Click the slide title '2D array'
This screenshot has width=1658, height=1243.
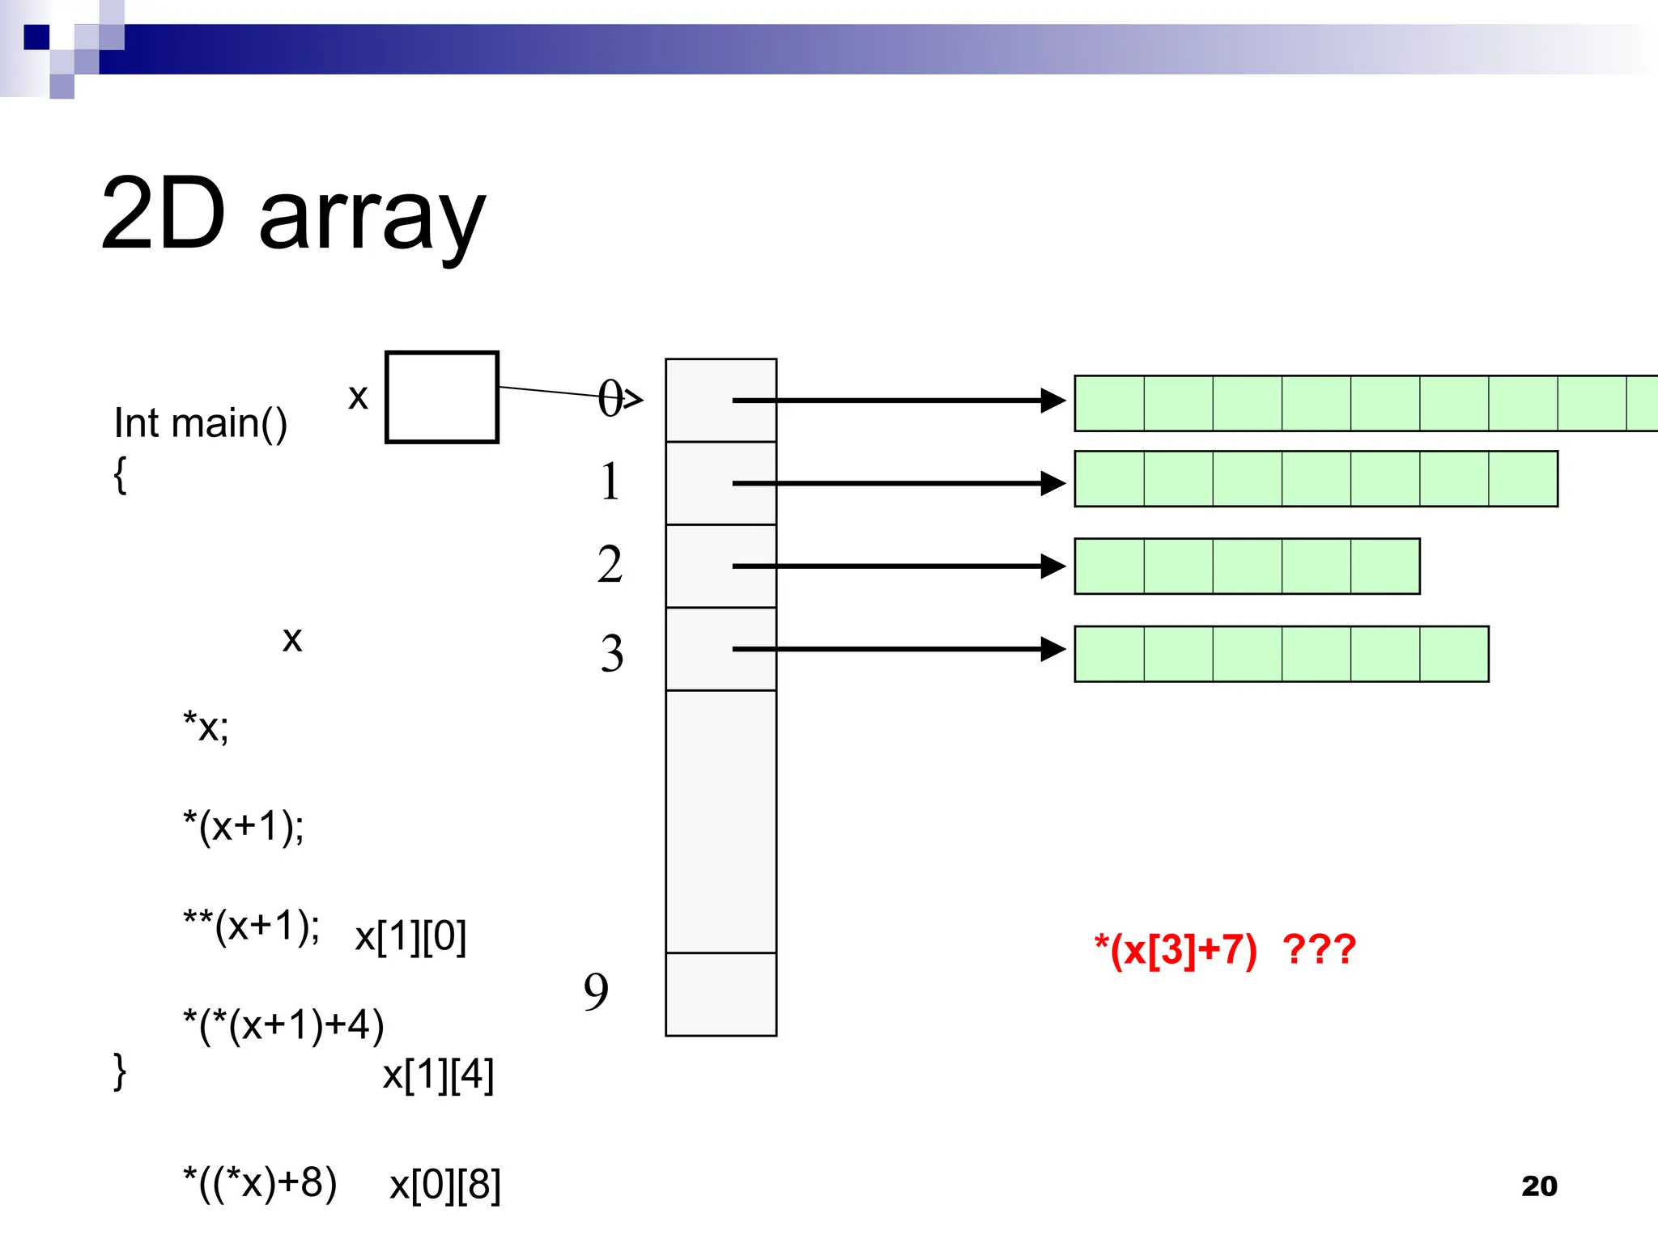293,215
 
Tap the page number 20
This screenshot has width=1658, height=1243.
1539,1186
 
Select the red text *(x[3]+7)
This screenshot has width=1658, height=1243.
1175,949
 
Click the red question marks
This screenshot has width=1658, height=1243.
1319,949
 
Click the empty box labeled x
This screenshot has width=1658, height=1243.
441,397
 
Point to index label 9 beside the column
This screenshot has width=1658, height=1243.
596,991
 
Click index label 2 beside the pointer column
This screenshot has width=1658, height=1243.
610,564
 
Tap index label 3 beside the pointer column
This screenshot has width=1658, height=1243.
612,653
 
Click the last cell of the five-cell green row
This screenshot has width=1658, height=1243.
1384,566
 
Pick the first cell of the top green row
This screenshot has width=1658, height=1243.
1109,403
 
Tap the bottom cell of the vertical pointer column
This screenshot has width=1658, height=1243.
721,994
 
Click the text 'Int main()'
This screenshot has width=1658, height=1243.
201,423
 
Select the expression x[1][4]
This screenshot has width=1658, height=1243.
438,1075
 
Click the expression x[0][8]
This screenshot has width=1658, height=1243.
445,1185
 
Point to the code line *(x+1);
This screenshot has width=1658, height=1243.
244,827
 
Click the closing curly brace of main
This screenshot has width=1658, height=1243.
120,1071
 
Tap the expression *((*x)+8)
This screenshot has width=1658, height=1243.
260,1183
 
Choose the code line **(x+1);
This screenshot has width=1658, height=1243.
251,926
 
